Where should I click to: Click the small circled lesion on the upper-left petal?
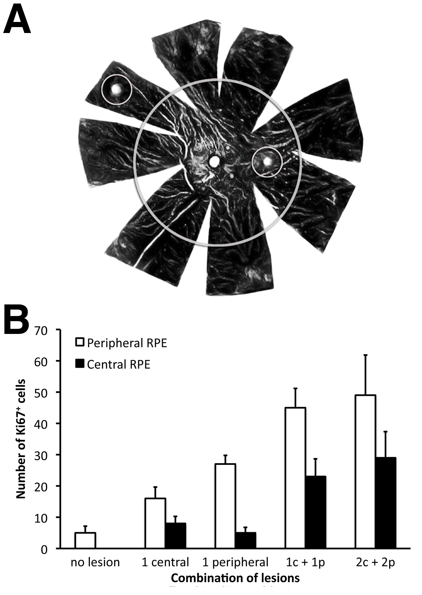(x=117, y=90)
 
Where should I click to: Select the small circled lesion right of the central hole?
(x=267, y=162)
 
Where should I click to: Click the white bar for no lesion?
(x=85, y=540)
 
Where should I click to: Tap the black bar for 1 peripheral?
(x=245, y=540)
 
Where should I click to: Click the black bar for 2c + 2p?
(x=385, y=503)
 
